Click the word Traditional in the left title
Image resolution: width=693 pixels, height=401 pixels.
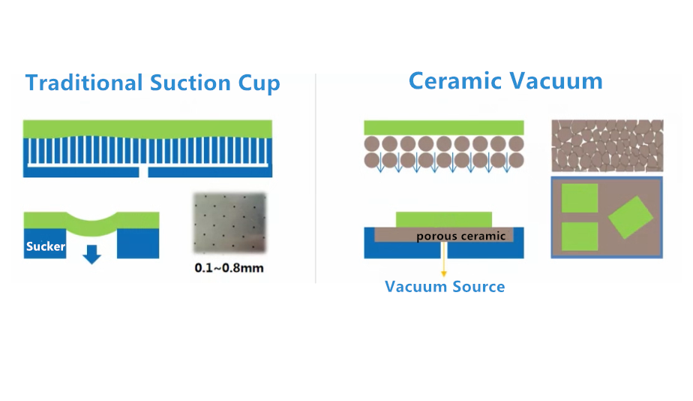[x=84, y=83]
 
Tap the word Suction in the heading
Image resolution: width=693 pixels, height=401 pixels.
[x=190, y=83]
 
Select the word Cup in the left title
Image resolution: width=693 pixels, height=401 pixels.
[x=259, y=84]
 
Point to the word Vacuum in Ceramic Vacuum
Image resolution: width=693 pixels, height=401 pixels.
[x=556, y=81]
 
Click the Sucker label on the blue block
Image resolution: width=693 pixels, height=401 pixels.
[x=46, y=246]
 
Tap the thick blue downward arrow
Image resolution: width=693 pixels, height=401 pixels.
[x=92, y=254]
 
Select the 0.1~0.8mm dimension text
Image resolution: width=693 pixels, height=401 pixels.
[x=229, y=268]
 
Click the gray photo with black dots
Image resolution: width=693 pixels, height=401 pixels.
[x=229, y=222]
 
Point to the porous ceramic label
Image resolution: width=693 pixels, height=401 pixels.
[x=461, y=236]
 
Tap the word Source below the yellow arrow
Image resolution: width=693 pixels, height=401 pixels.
[x=478, y=287]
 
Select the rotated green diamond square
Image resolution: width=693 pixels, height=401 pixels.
[x=631, y=217]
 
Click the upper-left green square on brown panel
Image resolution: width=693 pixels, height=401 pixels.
[x=580, y=197]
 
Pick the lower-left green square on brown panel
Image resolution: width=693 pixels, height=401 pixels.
[x=580, y=237]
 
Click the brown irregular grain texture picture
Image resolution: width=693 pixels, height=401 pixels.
[x=607, y=146]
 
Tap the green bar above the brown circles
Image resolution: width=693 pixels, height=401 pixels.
[x=444, y=128]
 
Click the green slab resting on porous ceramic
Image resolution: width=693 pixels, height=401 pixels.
[x=444, y=220]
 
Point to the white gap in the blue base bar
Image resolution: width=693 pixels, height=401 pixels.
[x=144, y=172]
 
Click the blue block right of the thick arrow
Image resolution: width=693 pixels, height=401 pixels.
[x=138, y=243]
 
